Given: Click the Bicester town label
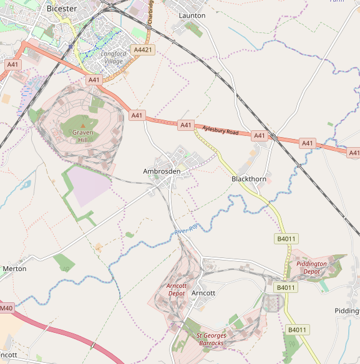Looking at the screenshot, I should (61, 9).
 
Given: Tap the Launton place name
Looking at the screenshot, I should (192, 15).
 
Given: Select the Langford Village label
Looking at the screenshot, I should (114, 57).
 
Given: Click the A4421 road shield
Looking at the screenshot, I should (142, 49).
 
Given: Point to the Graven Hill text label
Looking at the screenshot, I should (82, 136).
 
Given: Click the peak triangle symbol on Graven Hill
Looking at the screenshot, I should (82, 127).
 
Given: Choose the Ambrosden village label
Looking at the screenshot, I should (162, 171).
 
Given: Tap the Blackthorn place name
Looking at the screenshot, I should (249, 179).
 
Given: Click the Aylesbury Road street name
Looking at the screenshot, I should (220, 131).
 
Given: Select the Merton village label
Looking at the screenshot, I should (15, 269).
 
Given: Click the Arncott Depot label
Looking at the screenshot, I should (177, 289).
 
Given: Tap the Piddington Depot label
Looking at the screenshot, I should (311, 267).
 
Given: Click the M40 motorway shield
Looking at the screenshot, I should (6, 308).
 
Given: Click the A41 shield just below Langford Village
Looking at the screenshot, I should (94, 80).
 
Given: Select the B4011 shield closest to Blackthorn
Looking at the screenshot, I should (285, 239).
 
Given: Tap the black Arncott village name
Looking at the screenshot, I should (203, 293).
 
